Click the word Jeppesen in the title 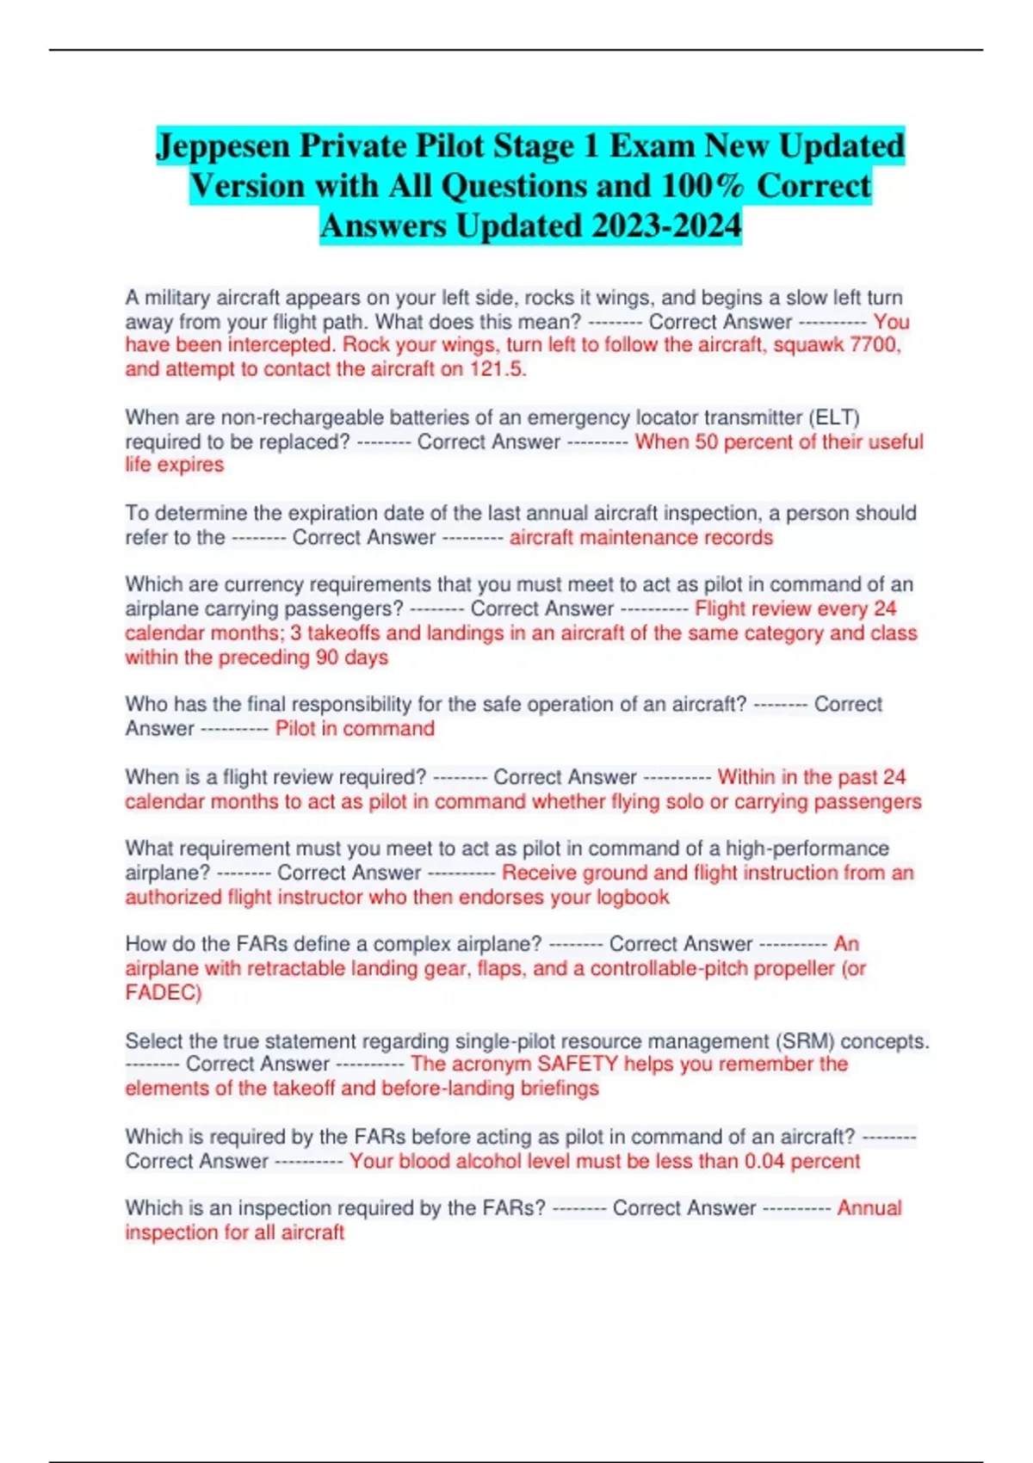click(x=222, y=146)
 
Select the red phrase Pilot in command click(x=355, y=729)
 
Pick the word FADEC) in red click(x=164, y=992)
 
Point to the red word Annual click(x=869, y=1208)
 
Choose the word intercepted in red click(x=280, y=345)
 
